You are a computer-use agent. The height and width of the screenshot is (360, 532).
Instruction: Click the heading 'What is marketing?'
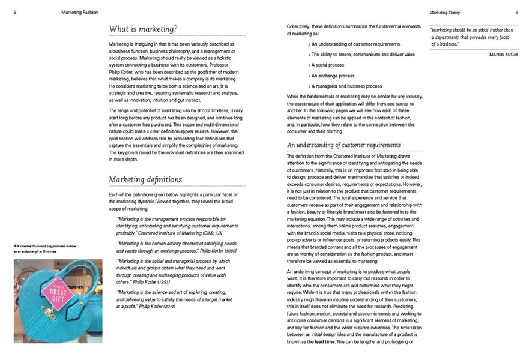(x=143, y=29)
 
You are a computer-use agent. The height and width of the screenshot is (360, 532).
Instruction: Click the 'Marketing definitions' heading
(x=146, y=179)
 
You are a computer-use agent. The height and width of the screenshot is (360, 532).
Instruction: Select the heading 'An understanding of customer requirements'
(x=344, y=145)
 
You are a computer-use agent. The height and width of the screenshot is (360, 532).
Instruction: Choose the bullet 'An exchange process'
(x=333, y=76)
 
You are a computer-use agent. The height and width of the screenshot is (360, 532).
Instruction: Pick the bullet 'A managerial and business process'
(x=346, y=86)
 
